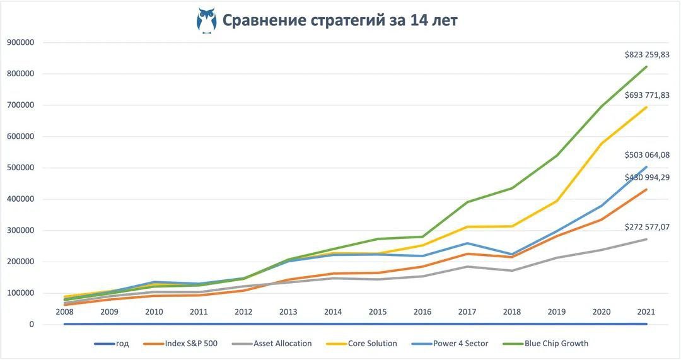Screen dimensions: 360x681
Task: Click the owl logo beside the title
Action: click(x=206, y=20)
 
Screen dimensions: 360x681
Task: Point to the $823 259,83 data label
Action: click(x=647, y=55)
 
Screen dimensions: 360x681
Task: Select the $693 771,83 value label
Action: click(x=647, y=95)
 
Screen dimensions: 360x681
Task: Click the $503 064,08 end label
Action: click(x=647, y=154)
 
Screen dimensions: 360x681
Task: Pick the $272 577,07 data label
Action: click(x=647, y=226)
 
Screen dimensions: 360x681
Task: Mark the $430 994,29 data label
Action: click(x=647, y=178)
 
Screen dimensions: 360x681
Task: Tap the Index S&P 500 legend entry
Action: click(x=191, y=344)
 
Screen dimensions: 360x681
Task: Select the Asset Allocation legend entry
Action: click(x=282, y=344)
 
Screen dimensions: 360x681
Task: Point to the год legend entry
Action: click(x=122, y=344)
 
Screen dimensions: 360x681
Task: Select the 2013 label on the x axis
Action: click(x=288, y=311)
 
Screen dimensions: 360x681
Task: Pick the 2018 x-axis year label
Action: click(x=513, y=311)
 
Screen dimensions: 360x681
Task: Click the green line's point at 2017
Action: click(x=467, y=202)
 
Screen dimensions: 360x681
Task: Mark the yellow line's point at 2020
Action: click(x=602, y=144)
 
